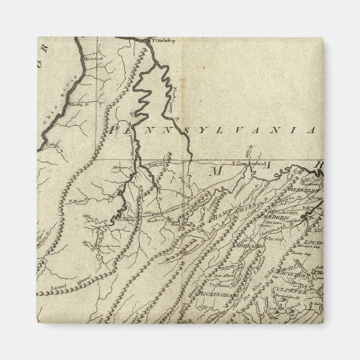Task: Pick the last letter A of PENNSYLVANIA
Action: coord(312,129)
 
